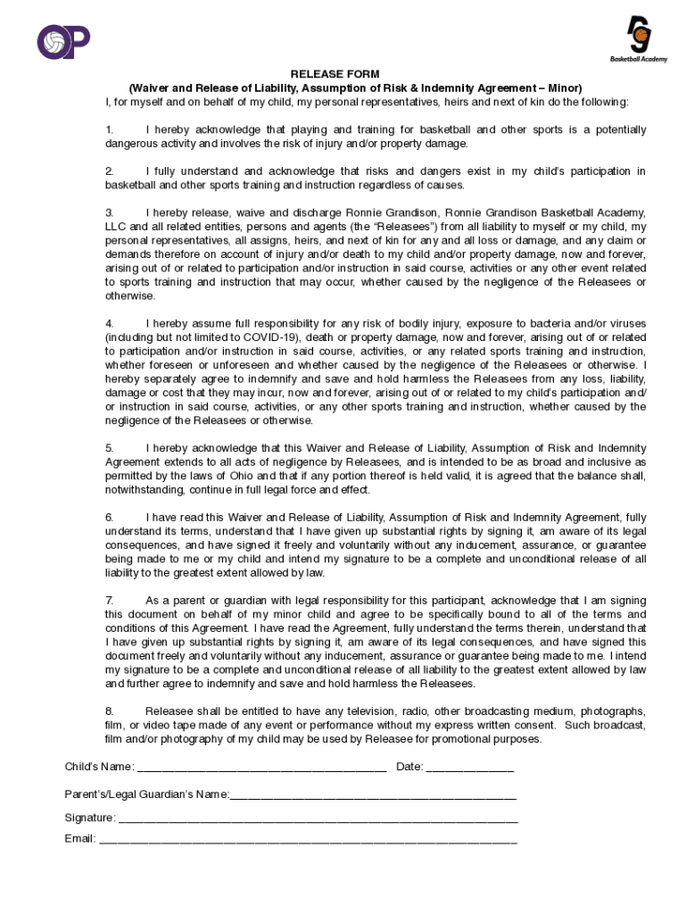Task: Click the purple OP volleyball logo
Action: [x=62, y=40]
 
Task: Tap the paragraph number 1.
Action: [x=109, y=129]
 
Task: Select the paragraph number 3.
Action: [x=109, y=212]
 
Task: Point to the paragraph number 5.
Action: [x=109, y=448]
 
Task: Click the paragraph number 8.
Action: [x=109, y=711]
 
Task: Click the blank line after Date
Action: [x=469, y=768]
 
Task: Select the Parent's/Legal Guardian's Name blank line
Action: [x=373, y=794]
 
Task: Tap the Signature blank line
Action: [x=318, y=818]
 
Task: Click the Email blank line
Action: [x=308, y=839]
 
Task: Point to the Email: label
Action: [x=80, y=839]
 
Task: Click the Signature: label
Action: [x=90, y=818]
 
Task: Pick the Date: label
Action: [x=410, y=767]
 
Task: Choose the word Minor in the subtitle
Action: [x=564, y=88]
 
